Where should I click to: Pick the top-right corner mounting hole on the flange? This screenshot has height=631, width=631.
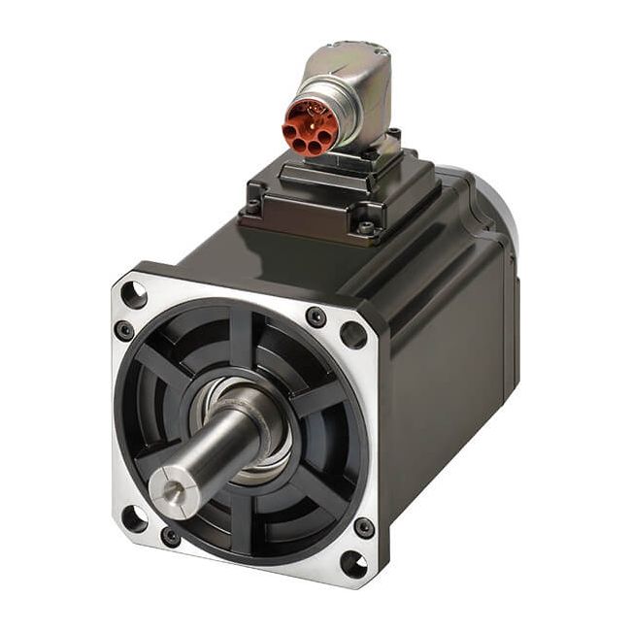(x=353, y=335)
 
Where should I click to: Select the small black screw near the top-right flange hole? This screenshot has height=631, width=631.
(x=315, y=316)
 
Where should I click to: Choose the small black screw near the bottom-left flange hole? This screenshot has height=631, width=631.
(x=171, y=535)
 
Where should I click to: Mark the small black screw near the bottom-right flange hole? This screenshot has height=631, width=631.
(x=364, y=527)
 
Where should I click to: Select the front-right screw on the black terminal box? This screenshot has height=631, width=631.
(x=366, y=228)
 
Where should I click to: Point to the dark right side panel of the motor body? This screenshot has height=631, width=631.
(x=456, y=388)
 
